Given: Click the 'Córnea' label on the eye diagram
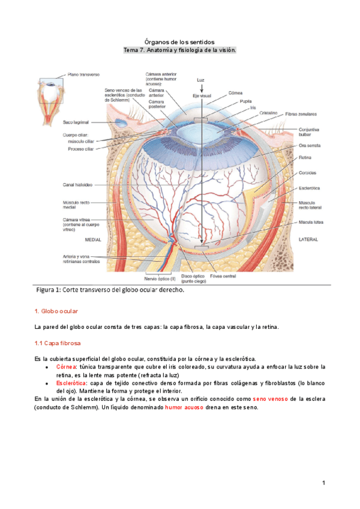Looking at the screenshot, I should click(x=235, y=93).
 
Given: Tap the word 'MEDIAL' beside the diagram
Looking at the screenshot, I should click(x=93, y=239).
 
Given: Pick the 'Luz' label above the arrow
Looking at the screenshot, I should click(x=202, y=80).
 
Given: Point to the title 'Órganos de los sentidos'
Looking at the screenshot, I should click(x=179, y=41).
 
